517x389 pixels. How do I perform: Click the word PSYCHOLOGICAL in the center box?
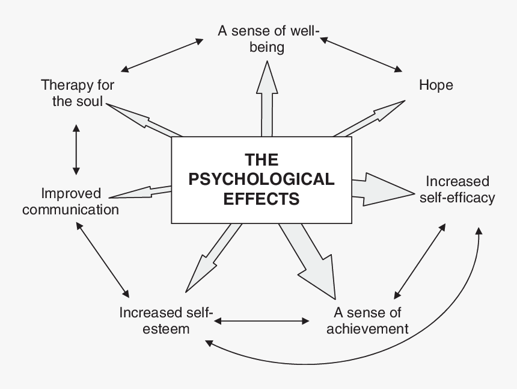pos(262,179)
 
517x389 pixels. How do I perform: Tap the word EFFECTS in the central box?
pos(262,199)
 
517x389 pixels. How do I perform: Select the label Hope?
pos(436,85)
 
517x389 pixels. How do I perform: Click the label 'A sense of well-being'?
pos(268,39)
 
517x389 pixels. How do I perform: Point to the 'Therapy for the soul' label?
pos(78,93)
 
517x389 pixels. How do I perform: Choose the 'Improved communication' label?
pos(70,202)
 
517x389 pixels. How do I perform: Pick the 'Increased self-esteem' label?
pos(166,320)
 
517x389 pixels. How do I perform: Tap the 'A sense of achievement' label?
pos(367,320)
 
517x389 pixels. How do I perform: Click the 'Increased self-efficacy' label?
pos(457,190)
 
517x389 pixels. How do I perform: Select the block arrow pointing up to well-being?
pos(267,99)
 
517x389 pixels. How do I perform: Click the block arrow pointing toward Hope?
pos(369,118)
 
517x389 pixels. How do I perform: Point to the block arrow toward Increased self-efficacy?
pos(382,189)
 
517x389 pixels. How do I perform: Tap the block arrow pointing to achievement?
pos(307,261)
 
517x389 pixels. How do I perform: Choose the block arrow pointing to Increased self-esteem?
pos(213,258)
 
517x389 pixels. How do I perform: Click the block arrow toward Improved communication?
pos(141,192)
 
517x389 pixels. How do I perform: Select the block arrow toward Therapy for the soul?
pos(144,120)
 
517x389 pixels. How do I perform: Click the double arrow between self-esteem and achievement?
pos(262,320)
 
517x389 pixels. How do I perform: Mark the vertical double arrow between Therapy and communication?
pos(76,149)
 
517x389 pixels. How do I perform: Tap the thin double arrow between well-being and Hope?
pos(361,54)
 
